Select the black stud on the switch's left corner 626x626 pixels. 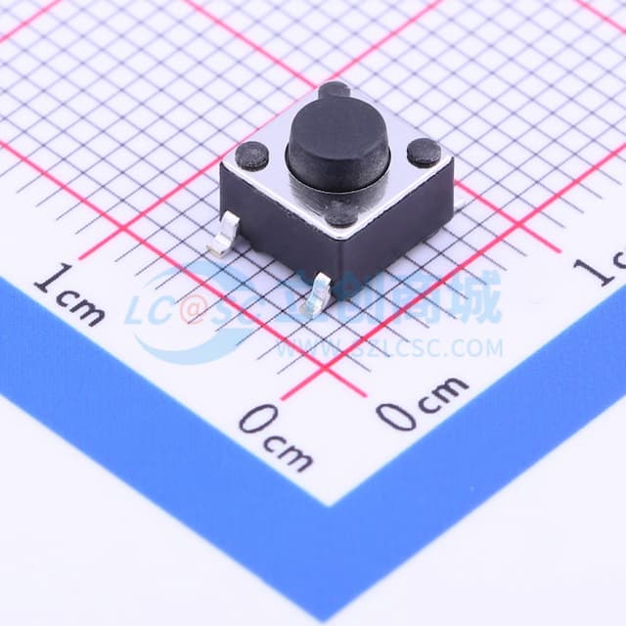pos(252,155)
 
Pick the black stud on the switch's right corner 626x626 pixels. pos(424,152)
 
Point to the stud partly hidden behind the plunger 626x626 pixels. pos(335,91)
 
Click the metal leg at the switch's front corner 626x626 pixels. pos(318,294)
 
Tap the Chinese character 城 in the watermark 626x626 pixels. pos(475,297)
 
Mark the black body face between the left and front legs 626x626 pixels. pos(275,236)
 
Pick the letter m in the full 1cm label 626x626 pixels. pos(87,307)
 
